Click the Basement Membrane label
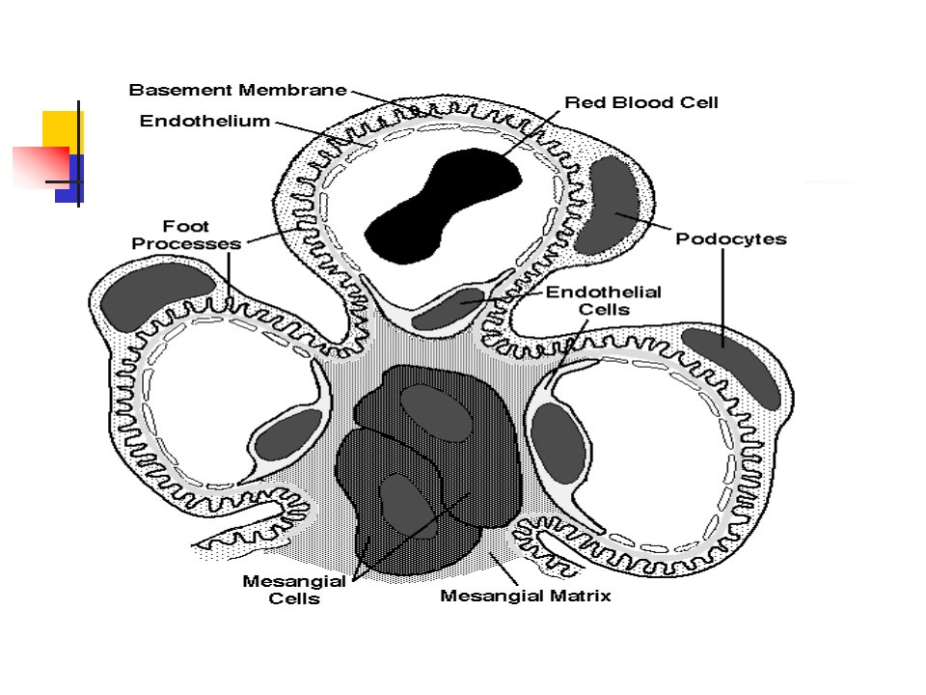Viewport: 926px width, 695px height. [237, 90]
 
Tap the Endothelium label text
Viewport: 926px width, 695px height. [204, 121]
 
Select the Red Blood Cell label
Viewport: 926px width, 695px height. [641, 102]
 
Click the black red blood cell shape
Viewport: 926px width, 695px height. [443, 205]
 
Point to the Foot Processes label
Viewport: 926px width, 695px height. [186, 235]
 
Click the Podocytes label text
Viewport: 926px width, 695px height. [731, 238]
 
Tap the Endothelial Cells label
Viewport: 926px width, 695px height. [604, 300]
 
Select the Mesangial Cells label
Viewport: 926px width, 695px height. [294, 589]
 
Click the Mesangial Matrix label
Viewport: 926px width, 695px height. [526, 596]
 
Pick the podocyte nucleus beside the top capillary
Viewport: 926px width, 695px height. [609, 204]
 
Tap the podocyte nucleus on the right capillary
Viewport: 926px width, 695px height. [732, 367]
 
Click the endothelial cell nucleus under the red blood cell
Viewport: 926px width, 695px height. [448, 308]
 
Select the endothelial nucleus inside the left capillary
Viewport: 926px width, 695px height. [289, 435]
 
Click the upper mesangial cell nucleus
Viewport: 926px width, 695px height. [436, 414]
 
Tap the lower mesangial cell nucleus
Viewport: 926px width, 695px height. [407, 506]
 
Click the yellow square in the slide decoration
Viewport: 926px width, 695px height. [62, 131]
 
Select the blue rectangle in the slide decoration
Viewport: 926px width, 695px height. [70, 179]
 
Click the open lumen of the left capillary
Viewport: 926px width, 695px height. [225, 402]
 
